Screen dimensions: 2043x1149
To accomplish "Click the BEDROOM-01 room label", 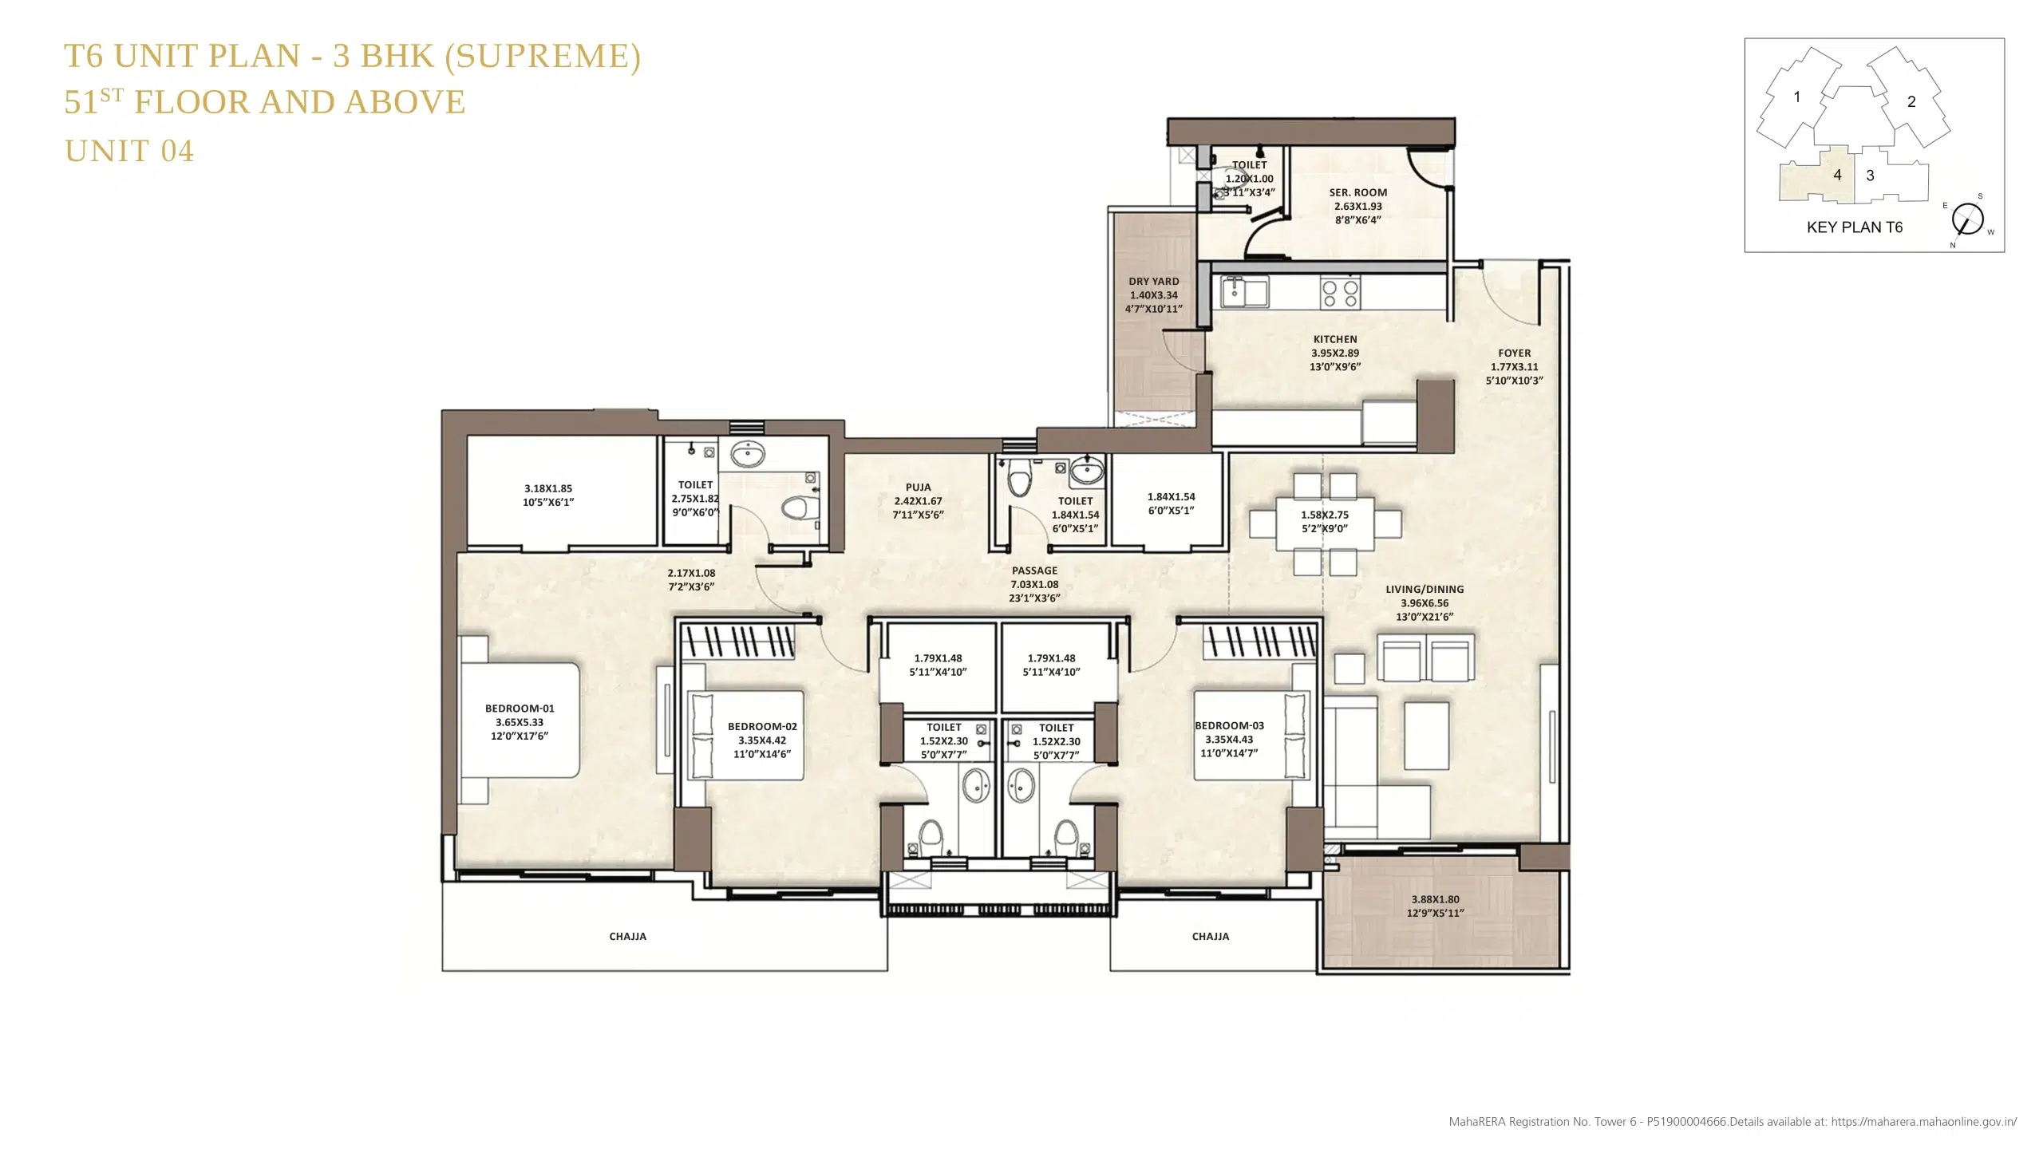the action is point(520,709).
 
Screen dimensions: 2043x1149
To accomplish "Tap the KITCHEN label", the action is point(1335,339).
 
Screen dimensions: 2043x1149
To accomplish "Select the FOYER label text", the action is point(1515,353).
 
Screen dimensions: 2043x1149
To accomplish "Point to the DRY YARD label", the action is point(1154,281).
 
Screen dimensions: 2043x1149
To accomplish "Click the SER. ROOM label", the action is point(1358,192).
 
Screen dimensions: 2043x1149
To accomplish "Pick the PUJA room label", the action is point(919,487).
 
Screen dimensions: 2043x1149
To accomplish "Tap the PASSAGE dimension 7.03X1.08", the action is point(1035,584).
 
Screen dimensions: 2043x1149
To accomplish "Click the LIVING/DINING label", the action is point(1425,589).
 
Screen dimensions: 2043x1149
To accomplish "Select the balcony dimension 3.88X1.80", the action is point(1436,899).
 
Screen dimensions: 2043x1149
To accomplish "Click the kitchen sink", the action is point(1246,291).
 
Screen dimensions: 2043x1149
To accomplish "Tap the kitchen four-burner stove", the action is point(1340,292).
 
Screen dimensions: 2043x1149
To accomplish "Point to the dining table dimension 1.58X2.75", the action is point(1325,515).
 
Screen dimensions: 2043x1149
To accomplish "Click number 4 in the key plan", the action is point(1837,175).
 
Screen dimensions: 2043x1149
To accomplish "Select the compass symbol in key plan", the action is point(1968,219).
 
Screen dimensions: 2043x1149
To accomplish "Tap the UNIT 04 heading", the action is point(129,151).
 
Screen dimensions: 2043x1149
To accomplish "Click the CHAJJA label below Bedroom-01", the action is point(628,936).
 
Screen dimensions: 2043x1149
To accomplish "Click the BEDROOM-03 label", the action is point(1229,725).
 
